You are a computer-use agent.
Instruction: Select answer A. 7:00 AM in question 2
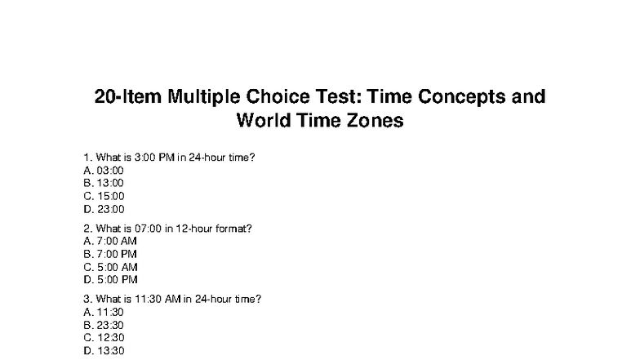(x=110, y=242)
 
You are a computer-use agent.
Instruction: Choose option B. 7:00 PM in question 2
(x=110, y=254)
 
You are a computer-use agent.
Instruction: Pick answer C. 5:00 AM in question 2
(x=110, y=267)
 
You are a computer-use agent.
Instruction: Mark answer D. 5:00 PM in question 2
(x=110, y=280)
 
